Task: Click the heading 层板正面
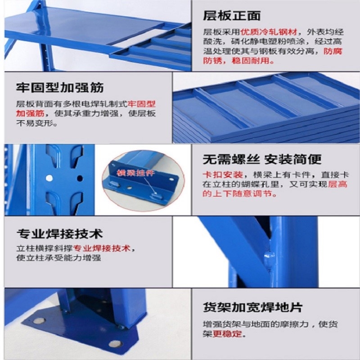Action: pos(232,16)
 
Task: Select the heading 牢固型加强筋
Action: pos(60,87)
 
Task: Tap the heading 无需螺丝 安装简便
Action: pos(262,159)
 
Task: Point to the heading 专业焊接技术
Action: pos(59,234)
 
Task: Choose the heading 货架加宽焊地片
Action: pos(252,307)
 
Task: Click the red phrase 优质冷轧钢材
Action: pos(269,32)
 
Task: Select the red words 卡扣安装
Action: pos(222,175)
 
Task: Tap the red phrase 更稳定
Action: pos(227,333)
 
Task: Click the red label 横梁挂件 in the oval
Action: pos(135,173)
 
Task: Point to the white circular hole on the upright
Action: pos(49,178)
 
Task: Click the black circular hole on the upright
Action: pos(80,178)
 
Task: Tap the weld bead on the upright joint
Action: pos(269,258)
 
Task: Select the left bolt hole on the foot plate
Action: pos(39,320)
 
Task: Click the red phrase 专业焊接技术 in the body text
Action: pos(102,248)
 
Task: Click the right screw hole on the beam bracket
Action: pos(171,179)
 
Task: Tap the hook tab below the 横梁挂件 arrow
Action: pos(157,196)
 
